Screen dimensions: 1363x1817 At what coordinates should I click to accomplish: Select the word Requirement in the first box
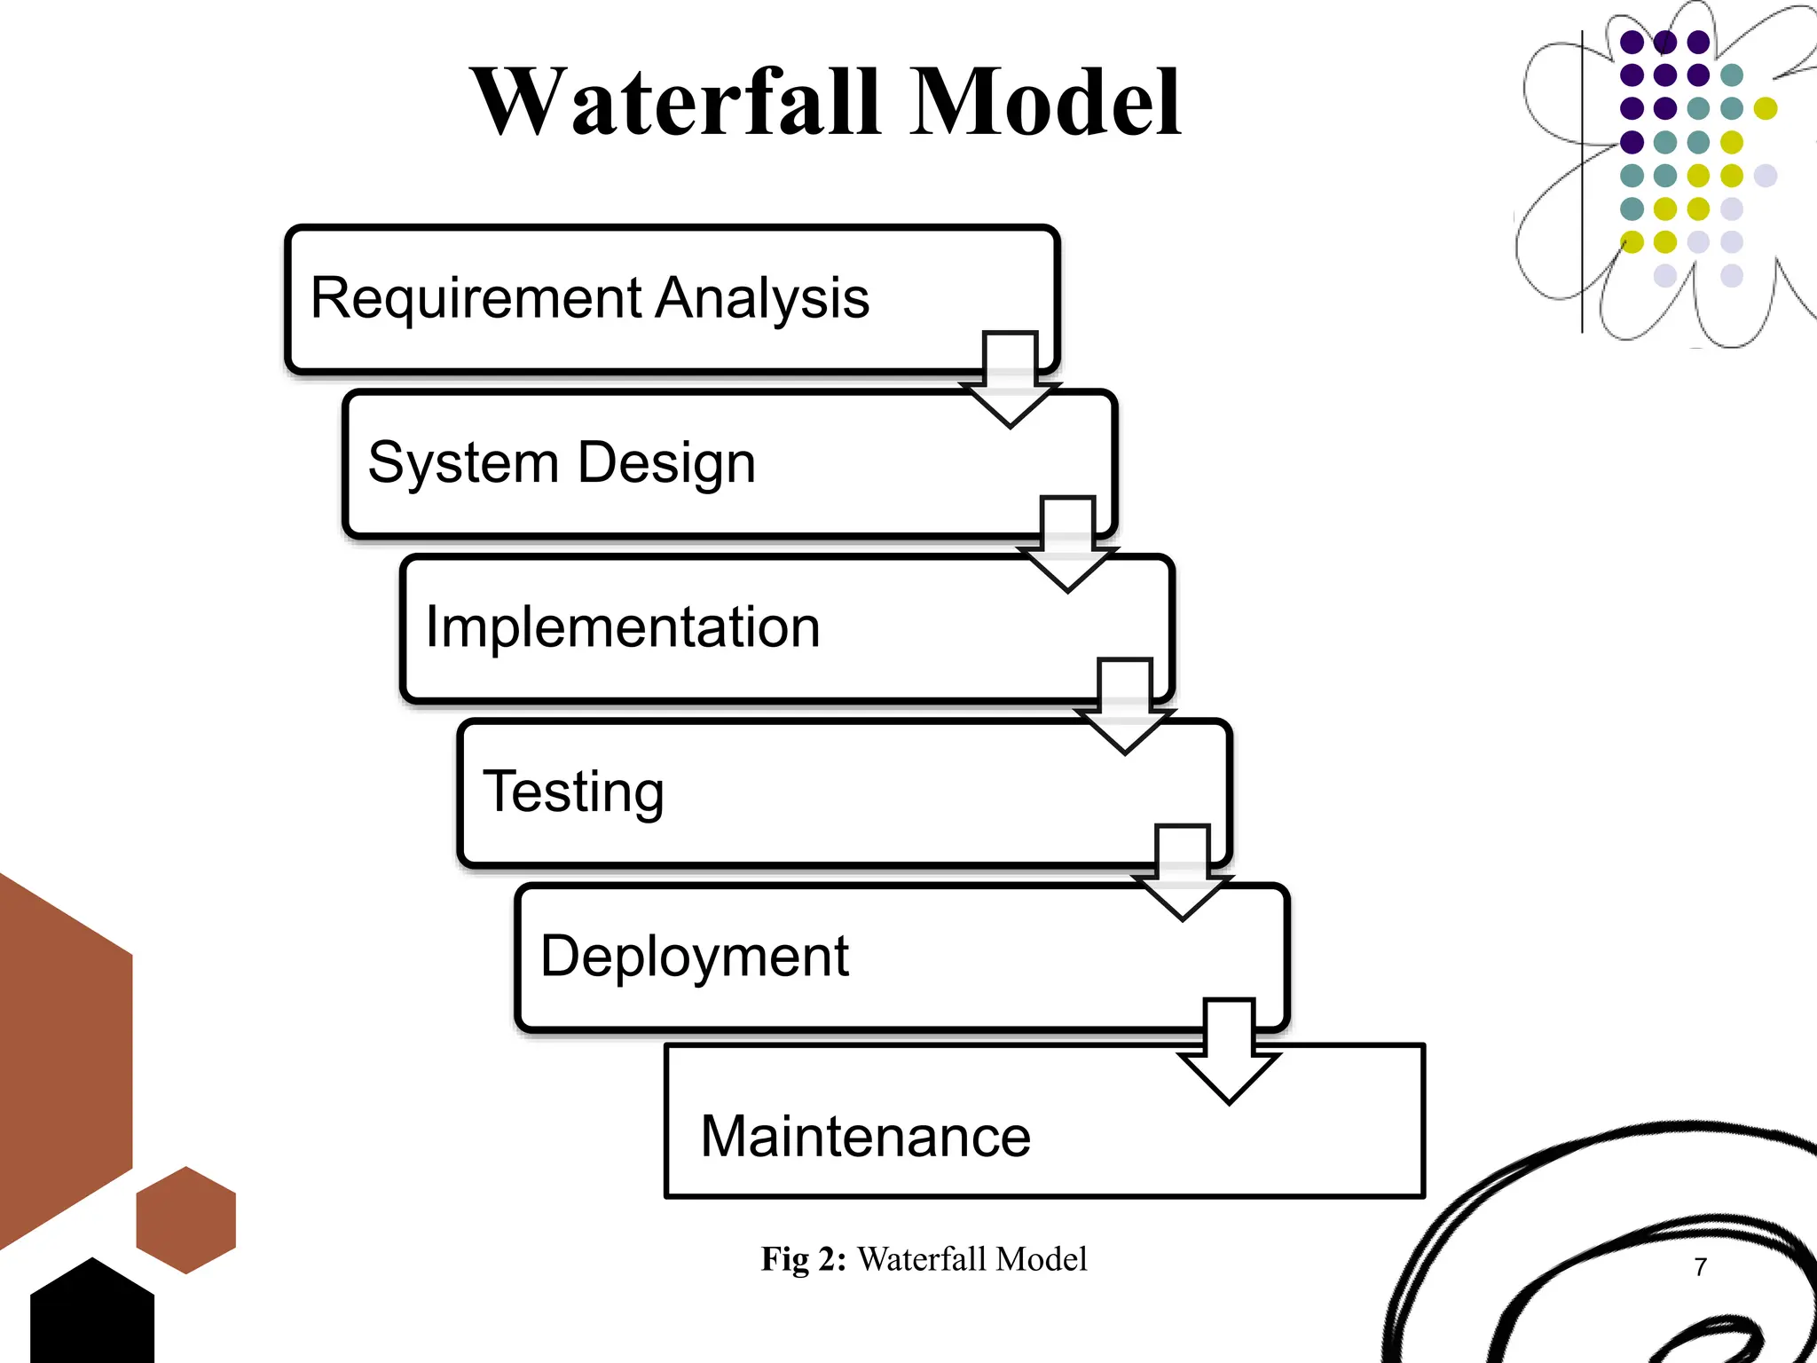[476, 298]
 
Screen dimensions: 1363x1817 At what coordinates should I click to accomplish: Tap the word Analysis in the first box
[762, 298]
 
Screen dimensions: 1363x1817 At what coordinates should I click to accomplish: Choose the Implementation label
[623, 627]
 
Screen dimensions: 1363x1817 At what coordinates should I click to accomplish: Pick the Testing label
[573, 792]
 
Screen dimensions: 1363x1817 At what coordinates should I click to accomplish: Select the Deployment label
[695, 957]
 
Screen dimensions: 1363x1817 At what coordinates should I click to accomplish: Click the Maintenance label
[865, 1137]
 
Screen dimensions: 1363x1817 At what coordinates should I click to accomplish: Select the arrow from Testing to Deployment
[1183, 873]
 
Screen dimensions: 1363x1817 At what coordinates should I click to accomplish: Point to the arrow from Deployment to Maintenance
[1230, 1052]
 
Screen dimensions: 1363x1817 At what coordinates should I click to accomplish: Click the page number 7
[1700, 1267]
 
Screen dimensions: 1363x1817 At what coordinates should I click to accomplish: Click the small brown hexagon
[186, 1220]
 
